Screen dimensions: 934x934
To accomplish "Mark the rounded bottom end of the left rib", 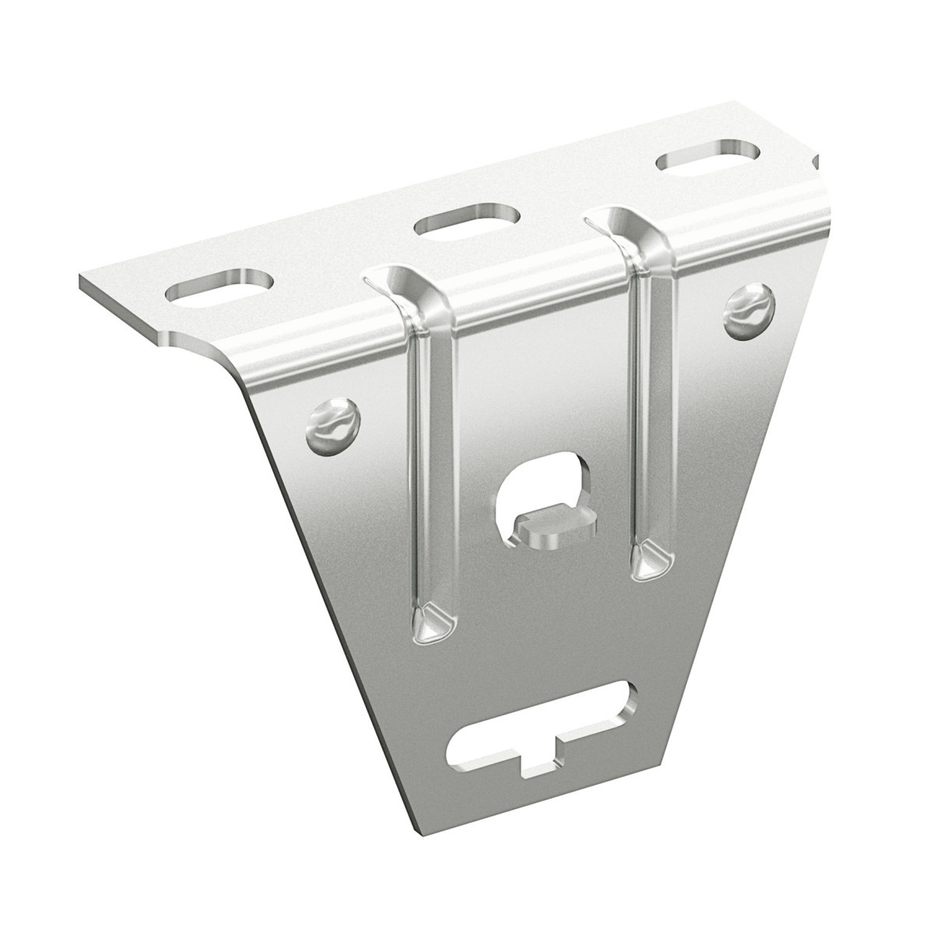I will click(x=430, y=620).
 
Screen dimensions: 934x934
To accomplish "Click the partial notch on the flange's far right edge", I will click(x=816, y=163).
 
